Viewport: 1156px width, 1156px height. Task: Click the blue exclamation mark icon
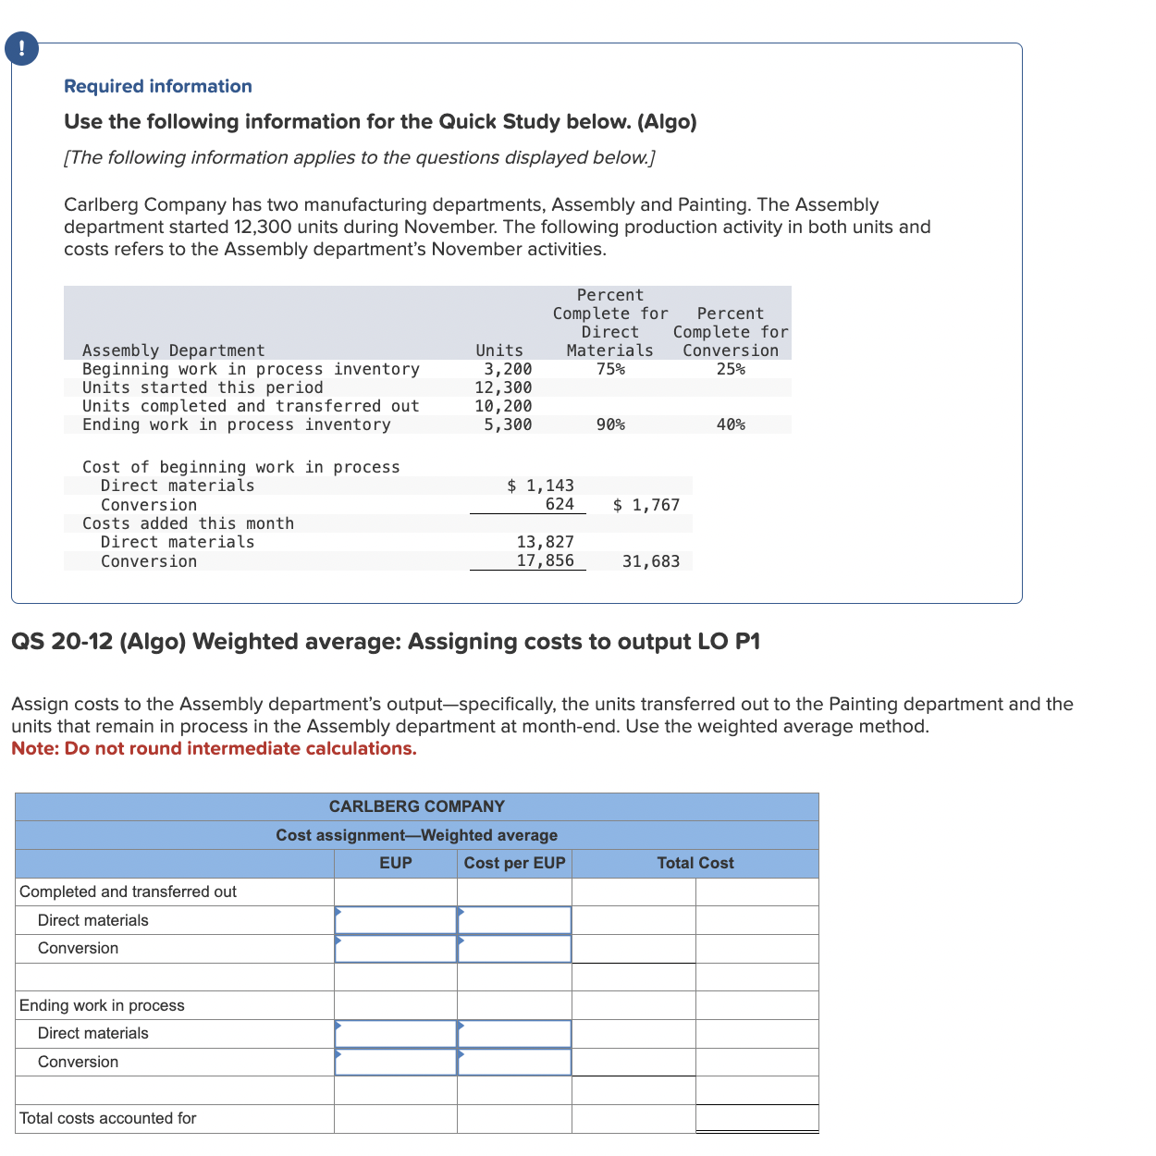[x=21, y=48]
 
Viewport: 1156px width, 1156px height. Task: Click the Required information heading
[x=157, y=86]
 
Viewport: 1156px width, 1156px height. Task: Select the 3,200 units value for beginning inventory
[x=508, y=369]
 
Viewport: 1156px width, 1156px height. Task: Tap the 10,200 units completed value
[x=503, y=406]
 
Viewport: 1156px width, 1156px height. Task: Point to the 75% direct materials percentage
[x=610, y=369]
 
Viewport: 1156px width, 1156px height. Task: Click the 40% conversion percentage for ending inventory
[x=731, y=424]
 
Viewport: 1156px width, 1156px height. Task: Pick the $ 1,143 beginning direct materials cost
[x=541, y=486]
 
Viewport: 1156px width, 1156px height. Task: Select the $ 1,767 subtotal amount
[x=646, y=505]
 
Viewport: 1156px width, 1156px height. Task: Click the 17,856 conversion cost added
[x=545, y=560]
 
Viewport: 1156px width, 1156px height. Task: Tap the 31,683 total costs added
[x=651, y=561]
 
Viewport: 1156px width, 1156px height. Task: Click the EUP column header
[x=396, y=863]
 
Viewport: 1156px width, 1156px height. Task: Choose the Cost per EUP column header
[x=514, y=863]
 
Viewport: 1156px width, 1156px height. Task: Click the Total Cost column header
[x=695, y=863]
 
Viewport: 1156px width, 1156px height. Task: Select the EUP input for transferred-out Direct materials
[x=396, y=920]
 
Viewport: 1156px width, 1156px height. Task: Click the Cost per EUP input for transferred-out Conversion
[x=514, y=949]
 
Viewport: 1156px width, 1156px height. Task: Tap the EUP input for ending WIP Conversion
[x=396, y=1062]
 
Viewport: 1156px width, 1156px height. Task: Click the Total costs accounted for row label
[x=108, y=1118]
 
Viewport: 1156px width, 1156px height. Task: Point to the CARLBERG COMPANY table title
[x=417, y=806]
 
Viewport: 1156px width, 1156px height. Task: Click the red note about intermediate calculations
[x=214, y=748]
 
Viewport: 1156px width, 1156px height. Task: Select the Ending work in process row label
[x=102, y=1005]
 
